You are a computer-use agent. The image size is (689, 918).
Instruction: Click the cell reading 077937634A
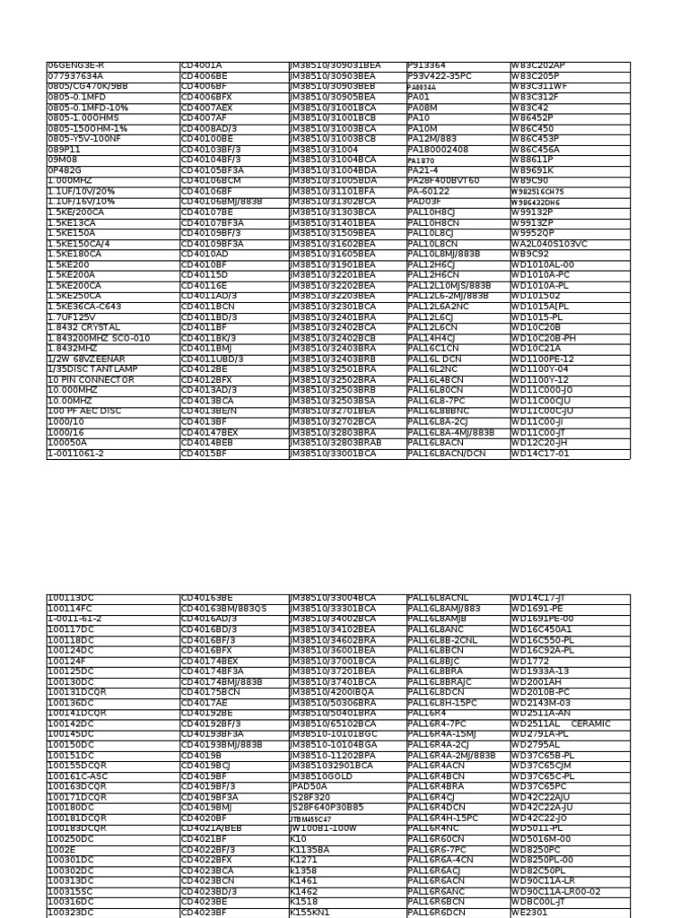click(x=75, y=76)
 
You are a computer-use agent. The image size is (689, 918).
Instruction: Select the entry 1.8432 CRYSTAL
click(x=83, y=327)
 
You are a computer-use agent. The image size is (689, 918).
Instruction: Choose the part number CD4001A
click(x=201, y=65)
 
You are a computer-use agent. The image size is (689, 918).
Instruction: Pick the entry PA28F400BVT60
click(x=443, y=181)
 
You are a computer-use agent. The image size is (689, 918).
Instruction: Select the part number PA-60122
click(x=430, y=191)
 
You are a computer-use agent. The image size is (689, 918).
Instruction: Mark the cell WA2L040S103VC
click(x=549, y=244)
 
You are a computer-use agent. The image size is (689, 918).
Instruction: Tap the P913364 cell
click(x=427, y=65)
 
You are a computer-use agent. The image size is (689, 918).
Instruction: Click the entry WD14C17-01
click(x=540, y=454)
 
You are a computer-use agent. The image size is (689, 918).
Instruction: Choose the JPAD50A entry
click(x=308, y=785)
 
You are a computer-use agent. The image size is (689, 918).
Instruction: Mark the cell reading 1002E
click(x=62, y=848)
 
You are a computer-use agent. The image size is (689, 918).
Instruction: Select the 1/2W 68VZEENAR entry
click(x=86, y=359)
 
